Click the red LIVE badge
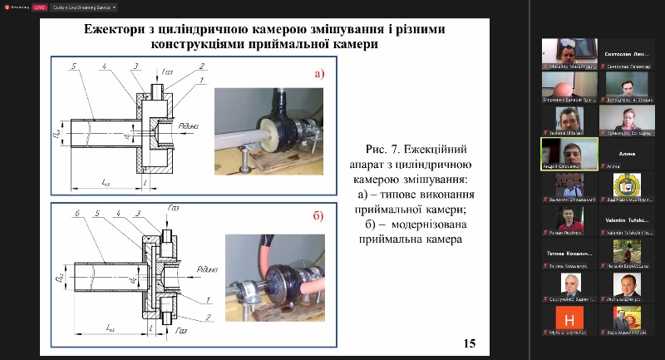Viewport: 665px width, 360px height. click(x=38, y=6)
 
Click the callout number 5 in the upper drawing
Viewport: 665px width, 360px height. click(x=76, y=65)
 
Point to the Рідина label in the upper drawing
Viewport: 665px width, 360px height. click(x=188, y=126)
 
